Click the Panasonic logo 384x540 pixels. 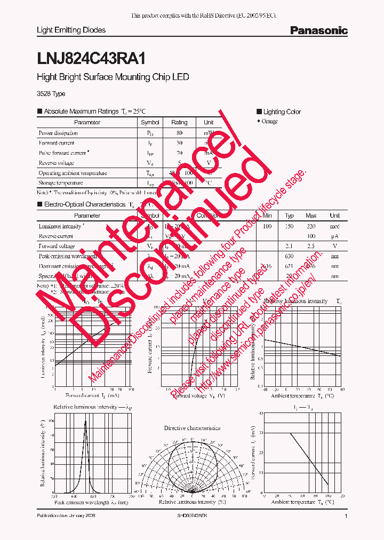click(318, 30)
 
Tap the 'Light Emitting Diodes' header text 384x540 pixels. click(71, 30)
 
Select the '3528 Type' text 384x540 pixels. click(51, 94)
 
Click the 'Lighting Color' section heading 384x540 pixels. click(282, 112)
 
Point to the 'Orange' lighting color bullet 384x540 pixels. click(269, 121)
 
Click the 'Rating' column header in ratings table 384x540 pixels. click(179, 122)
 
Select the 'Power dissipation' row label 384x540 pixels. click(58, 132)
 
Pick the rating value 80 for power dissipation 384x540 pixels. click(179, 132)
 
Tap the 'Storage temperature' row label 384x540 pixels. click(61, 182)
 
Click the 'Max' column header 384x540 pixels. click(311, 216)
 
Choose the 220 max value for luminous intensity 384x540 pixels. click(311, 226)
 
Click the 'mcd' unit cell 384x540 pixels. click(335, 226)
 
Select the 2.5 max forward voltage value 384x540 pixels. click(311, 246)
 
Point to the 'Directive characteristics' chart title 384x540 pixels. click(192, 428)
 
